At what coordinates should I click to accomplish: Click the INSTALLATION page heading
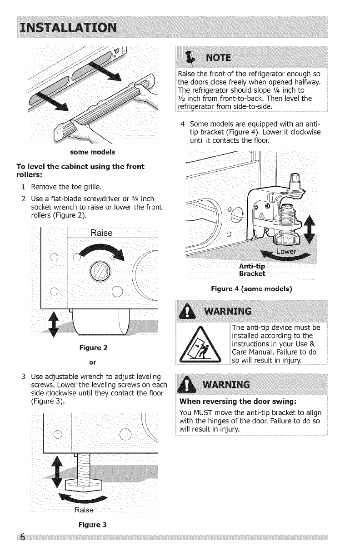[68, 27]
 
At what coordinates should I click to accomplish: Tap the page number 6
[23, 537]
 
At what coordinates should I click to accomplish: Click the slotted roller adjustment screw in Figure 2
[100, 270]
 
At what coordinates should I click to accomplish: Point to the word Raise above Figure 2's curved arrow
[101, 233]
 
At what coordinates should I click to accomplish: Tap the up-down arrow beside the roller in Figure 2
[54, 324]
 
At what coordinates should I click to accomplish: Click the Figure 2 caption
[93, 348]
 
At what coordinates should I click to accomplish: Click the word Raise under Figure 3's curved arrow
[84, 510]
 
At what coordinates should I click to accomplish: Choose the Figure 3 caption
[92, 525]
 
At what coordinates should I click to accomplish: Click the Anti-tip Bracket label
[252, 270]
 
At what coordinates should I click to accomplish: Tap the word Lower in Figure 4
[286, 252]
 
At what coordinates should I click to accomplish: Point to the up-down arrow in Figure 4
[310, 229]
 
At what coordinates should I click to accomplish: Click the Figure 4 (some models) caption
[251, 288]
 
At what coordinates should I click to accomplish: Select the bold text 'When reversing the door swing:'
[238, 402]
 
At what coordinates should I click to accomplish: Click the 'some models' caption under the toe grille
[93, 152]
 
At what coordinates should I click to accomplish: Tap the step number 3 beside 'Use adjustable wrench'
[23, 377]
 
